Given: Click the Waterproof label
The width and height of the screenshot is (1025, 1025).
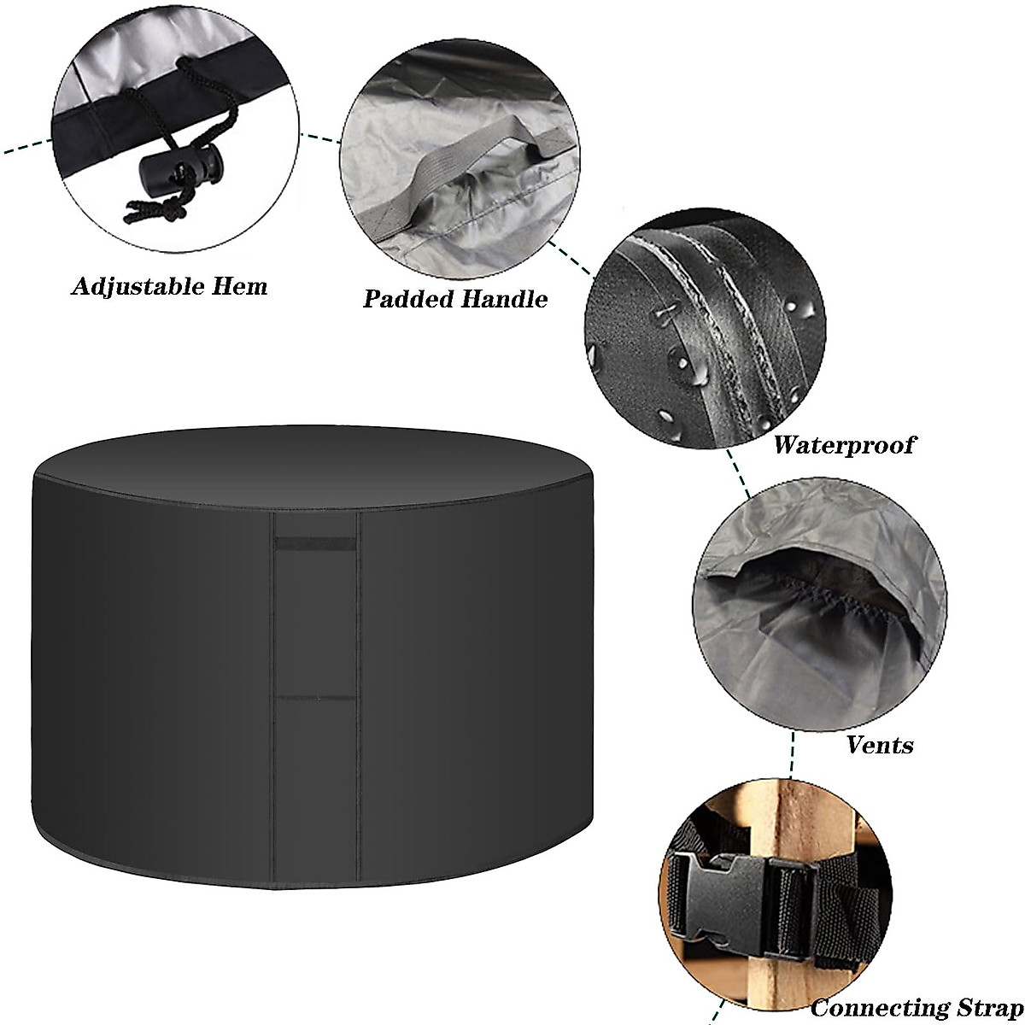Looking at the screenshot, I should click(x=843, y=444).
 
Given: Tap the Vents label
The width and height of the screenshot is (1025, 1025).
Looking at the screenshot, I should click(x=880, y=745).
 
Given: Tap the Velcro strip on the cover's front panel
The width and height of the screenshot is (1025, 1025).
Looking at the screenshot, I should click(x=315, y=545).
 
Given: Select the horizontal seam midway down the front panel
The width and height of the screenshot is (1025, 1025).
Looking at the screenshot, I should click(x=315, y=699).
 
